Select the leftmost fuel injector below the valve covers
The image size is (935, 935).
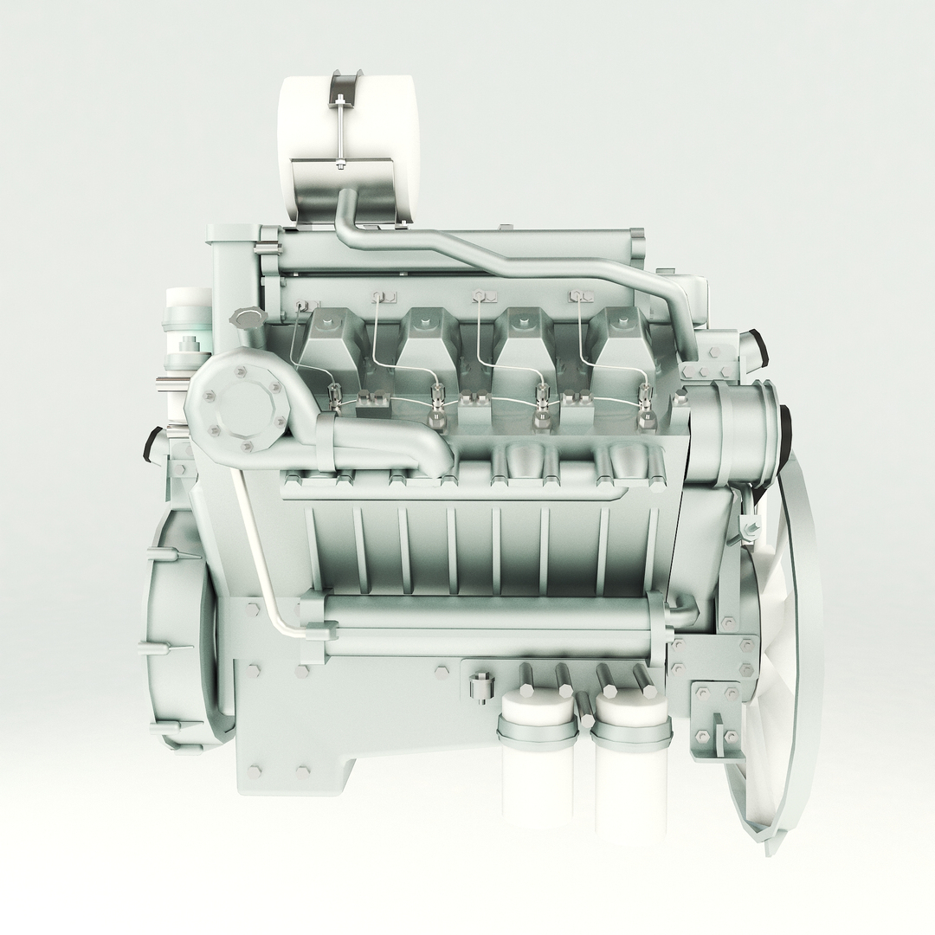pyautogui.click(x=335, y=397)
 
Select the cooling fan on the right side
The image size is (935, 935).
pyautogui.click(x=783, y=658)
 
